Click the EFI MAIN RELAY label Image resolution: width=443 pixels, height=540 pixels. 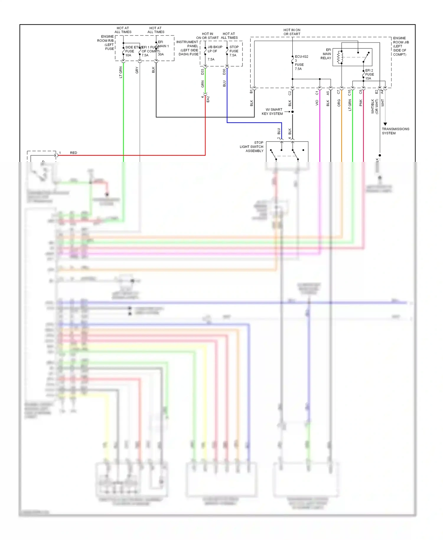[x=326, y=54]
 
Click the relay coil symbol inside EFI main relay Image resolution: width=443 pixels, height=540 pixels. [x=340, y=57]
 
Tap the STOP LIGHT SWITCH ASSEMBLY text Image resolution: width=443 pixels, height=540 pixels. [x=252, y=147]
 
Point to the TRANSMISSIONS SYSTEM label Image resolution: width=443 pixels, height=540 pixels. [x=395, y=131]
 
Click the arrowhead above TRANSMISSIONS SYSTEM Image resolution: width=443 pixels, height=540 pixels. [x=385, y=124]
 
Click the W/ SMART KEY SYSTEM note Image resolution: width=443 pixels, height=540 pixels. [x=272, y=112]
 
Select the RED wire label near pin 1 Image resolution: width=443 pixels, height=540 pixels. [x=74, y=153]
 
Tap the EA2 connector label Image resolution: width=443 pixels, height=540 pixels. [x=208, y=99]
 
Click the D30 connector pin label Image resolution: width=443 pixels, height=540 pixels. [x=224, y=71]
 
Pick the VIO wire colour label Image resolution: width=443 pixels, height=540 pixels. [x=317, y=103]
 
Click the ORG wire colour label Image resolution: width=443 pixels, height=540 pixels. [x=339, y=103]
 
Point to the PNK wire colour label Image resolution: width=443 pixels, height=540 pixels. [x=361, y=103]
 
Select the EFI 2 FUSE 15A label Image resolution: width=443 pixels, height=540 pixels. [x=369, y=74]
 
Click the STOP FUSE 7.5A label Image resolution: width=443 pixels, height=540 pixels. [x=234, y=51]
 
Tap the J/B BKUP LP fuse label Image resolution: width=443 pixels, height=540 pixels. [x=214, y=49]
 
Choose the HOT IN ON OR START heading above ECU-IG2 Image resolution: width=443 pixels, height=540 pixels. [x=292, y=32]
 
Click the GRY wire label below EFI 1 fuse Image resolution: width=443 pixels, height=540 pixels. [x=137, y=70]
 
